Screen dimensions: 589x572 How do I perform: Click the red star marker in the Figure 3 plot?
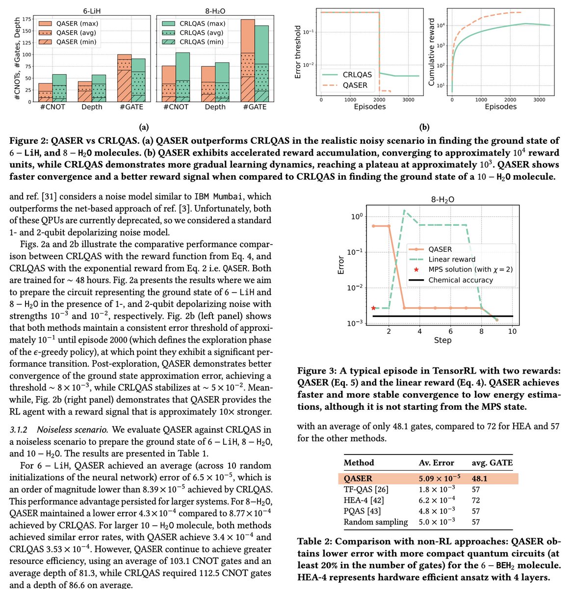click(374, 308)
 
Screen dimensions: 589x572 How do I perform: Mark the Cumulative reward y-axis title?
click(432, 53)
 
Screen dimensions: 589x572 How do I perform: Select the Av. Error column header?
click(436, 462)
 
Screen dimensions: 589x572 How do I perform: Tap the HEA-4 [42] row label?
click(364, 500)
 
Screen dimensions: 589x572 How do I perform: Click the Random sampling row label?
click(376, 522)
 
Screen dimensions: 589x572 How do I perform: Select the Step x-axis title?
click(442, 340)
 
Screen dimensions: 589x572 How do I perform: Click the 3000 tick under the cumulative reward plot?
click(539, 99)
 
